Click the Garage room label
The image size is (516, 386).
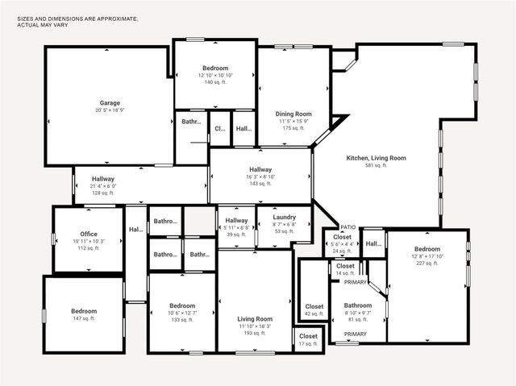pos(110,103)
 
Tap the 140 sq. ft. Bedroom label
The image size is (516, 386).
pos(215,68)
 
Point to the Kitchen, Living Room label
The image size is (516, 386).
pos(376,158)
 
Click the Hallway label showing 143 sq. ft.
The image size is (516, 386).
pos(260,170)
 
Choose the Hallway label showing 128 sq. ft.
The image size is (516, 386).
pos(103,179)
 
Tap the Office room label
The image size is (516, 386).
pos(89,235)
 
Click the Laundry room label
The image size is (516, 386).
pos(284,218)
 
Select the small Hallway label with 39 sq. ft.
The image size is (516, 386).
pos(236,221)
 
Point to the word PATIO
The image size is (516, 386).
pos(348,227)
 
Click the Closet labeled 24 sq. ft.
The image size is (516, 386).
pos(343,238)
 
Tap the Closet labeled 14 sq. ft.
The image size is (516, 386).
pos(345,266)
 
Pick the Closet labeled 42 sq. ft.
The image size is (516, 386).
pos(314,307)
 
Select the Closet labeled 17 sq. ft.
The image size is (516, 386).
pos(308,336)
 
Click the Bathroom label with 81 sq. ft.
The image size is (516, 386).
pos(358,305)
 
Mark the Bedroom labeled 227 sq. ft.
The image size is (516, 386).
pos(427,250)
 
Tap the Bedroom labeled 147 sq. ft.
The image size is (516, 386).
pos(83,311)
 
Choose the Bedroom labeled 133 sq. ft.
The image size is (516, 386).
pos(182,306)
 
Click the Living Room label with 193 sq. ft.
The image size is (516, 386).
pos(255,319)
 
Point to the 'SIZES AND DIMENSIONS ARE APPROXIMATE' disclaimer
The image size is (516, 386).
pos(77,17)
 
